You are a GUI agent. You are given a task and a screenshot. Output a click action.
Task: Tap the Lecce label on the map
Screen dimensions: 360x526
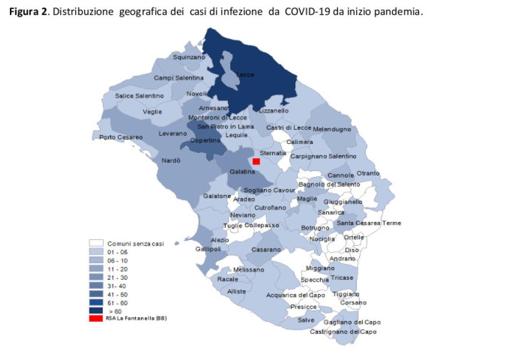pos(245,75)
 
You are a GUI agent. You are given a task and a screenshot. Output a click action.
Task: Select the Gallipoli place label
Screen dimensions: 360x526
pos(207,249)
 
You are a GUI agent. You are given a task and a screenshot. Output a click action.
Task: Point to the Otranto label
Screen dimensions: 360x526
pos(368,173)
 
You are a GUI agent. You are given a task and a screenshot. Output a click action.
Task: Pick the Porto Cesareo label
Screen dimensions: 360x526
pos(121,137)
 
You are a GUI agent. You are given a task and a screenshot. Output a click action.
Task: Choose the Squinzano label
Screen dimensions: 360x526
pos(189,57)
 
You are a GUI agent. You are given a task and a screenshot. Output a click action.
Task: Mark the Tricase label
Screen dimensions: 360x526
pos(342,278)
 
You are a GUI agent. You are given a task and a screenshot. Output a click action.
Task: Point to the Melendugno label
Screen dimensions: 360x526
pos(332,129)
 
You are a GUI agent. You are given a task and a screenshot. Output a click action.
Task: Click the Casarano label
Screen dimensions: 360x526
pos(266,249)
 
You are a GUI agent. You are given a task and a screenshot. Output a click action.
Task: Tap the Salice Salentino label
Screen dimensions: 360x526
pos(139,96)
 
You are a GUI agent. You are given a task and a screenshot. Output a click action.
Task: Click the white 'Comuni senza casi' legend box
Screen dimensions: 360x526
pos(96,243)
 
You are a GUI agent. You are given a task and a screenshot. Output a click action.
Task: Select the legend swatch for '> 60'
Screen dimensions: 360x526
pos(96,310)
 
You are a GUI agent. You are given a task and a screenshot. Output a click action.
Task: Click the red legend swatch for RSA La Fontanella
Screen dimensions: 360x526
pos(95,318)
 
